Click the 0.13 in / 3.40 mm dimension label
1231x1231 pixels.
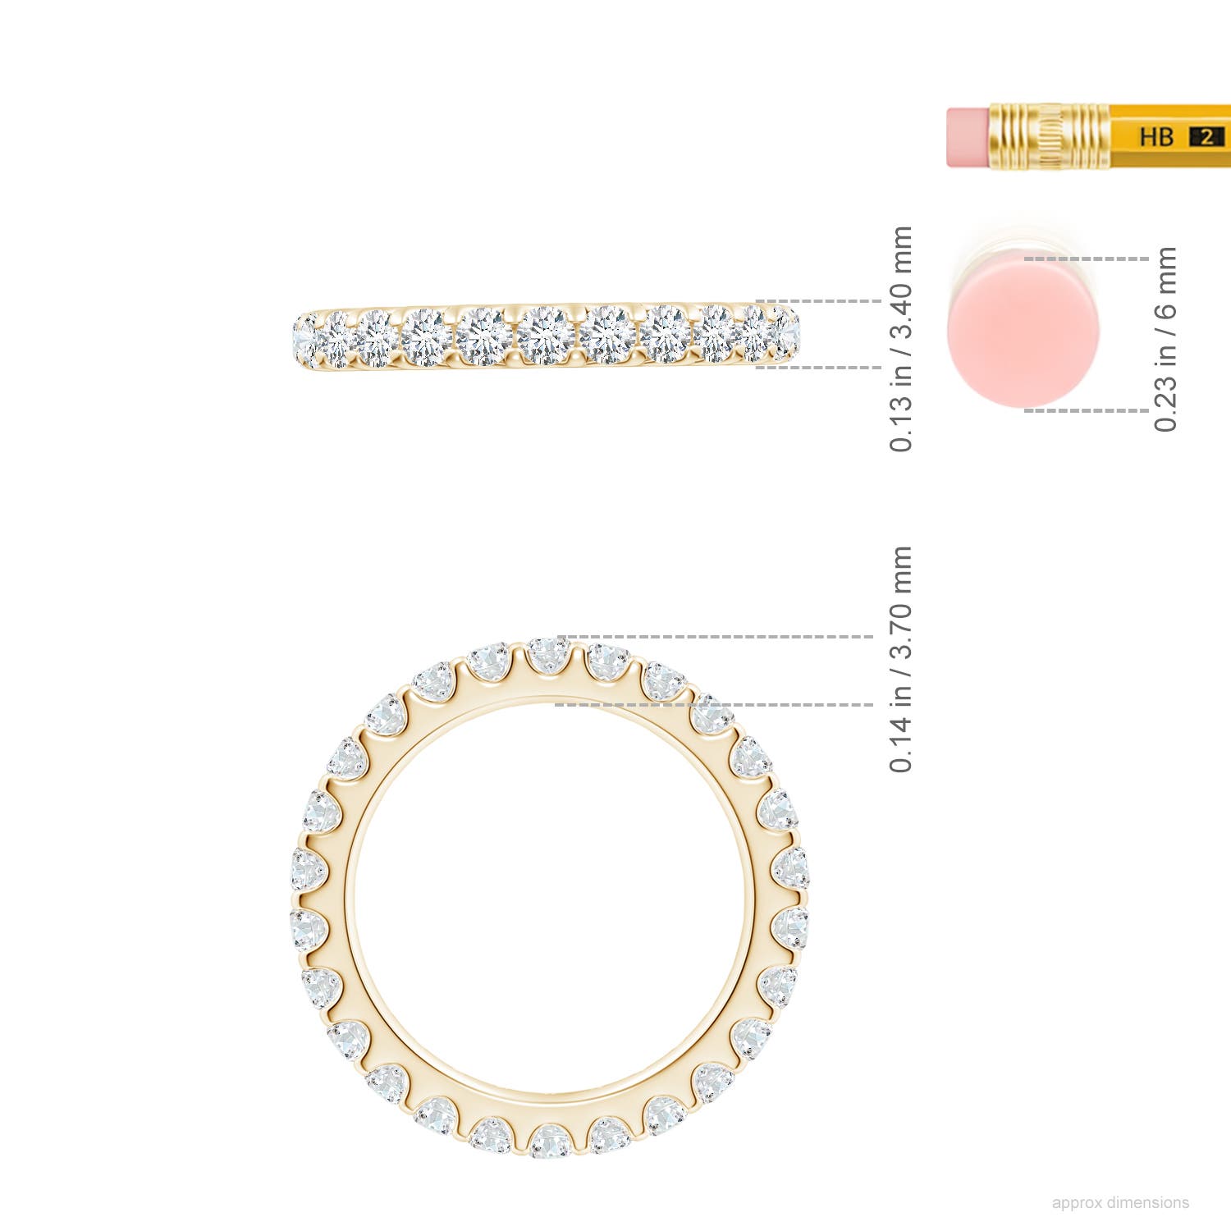tap(900, 338)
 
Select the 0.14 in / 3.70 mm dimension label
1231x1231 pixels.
tap(900, 658)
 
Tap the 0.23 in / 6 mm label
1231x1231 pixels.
tap(1165, 338)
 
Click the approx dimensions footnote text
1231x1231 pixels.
tap(1119, 1202)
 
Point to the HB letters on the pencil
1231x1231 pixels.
tap(1155, 136)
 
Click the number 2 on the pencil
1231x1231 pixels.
tap(1206, 137)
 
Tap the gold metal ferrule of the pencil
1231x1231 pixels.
tap(1049, 137)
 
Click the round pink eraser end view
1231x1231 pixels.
tap(1007, 335)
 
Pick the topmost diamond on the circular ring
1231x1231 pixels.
tap(548, 655)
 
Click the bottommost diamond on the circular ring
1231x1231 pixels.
tap(550, 1141)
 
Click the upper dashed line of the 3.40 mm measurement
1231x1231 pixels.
tap(817, 301)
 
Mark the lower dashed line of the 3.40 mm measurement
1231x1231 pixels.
tap(817, 368)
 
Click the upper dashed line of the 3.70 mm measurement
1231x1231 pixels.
tap(714, 637)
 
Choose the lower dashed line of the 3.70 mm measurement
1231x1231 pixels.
tap(714, 705)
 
